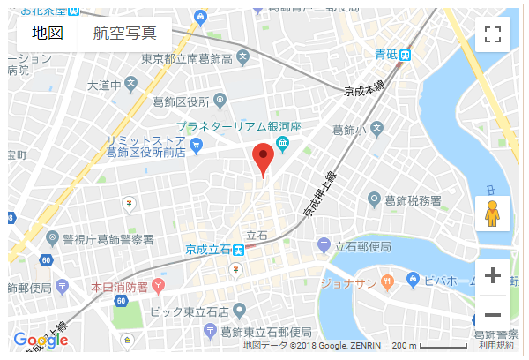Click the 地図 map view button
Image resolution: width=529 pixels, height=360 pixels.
pos(48,34)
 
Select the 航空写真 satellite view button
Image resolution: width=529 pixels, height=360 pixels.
pos(125,34)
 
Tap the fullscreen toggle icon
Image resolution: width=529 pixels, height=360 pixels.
pos(493,34)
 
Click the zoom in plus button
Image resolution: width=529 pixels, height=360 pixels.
pos(493,275)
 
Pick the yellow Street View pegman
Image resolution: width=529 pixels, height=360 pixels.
pos(493,214)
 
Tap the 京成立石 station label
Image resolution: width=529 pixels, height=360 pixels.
pos(209,250)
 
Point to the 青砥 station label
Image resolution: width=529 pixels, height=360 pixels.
pos(386,55)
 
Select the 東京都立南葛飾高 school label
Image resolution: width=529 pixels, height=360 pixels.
pos(187,59)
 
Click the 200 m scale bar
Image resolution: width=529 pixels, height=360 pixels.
pos(429,345)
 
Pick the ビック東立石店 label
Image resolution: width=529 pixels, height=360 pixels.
pos(189,311)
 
